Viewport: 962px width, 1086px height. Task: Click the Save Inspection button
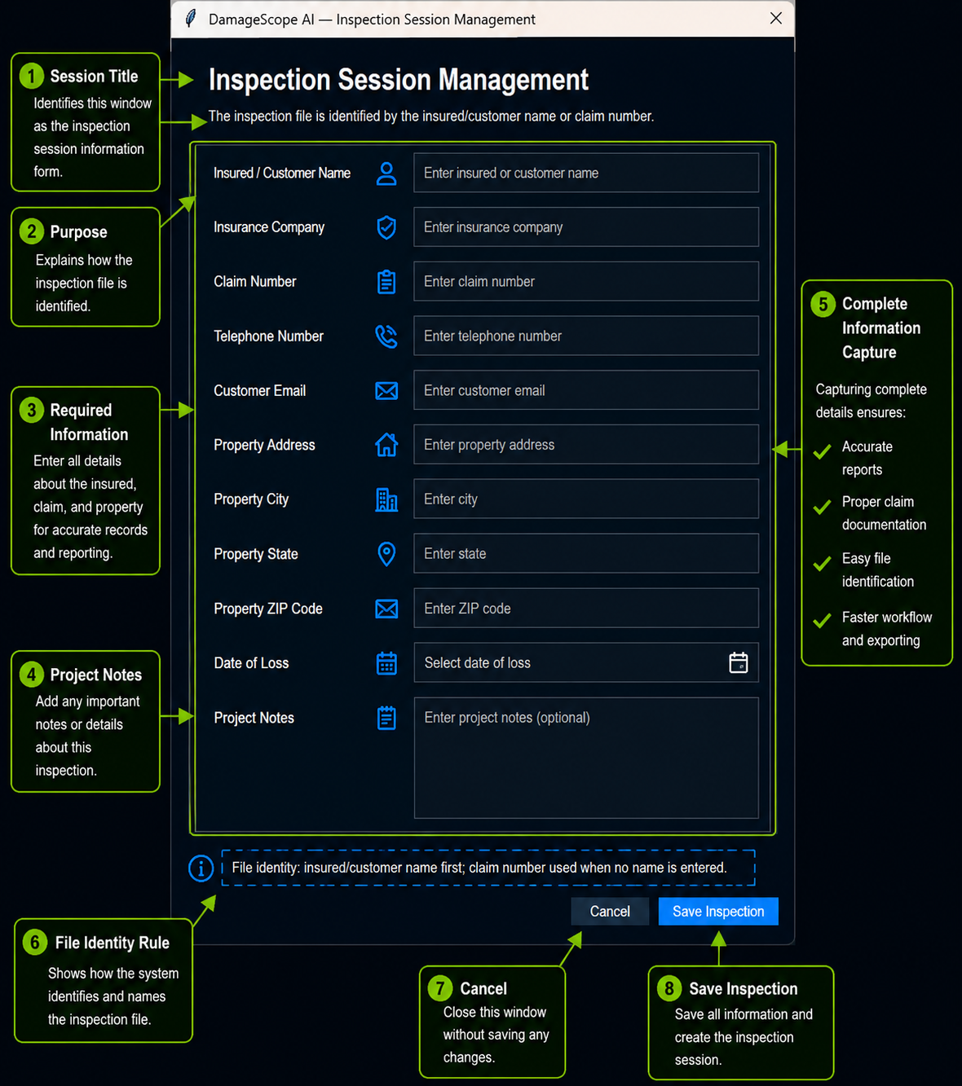coord(718,912)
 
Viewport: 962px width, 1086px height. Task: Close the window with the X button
coord(776,18)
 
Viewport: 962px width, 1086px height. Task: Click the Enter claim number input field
coord(586,281)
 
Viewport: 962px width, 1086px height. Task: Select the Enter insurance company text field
coord(586,226)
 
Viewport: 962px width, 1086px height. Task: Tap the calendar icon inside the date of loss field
coord(739,662)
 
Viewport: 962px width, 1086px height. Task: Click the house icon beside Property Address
coord(386,445)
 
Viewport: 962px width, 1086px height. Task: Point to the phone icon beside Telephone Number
coord(386,336)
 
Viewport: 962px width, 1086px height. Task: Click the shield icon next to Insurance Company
coord(386,227)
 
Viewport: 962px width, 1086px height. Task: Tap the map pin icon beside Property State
coord(386,554)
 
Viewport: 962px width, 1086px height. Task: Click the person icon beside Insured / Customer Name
coord(386,174)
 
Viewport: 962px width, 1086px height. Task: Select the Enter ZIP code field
coord(586,608)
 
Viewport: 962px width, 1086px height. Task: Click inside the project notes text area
coord(586,758)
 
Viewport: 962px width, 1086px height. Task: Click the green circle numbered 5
coord(823,305)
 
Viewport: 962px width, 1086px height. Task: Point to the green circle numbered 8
coord(669,988)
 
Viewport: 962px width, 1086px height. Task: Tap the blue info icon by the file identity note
coord(201,868)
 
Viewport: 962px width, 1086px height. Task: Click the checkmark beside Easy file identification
coord(822,564)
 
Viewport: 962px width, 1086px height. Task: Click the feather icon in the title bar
coord(191,18)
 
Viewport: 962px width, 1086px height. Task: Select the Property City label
coord(251,499)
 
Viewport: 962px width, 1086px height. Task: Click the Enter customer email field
coord(586,390)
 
